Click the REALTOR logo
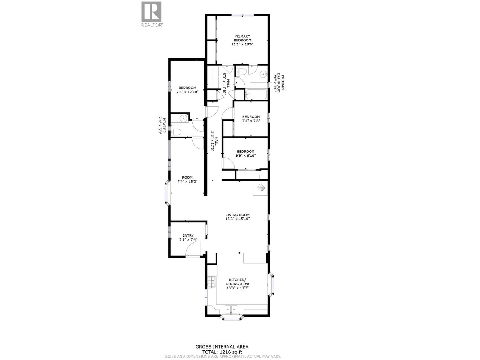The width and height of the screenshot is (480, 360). click(x=151, y=14)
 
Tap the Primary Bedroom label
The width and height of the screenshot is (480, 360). click(x=242, y=38)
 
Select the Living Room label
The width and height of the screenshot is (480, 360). click(x=238, y=215)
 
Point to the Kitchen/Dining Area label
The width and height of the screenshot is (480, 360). click(x=237, y=282)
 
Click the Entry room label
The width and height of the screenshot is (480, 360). click(x=188, y=235)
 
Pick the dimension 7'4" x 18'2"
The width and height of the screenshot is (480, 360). click(x=187, y=181)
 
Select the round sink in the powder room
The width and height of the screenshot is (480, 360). click(x=183, y=118)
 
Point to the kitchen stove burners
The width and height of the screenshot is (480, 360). click(x=211, y=282)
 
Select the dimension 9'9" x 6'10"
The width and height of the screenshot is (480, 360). click(x=245, y=156)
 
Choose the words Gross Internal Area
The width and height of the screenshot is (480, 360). click(x=222, y=347)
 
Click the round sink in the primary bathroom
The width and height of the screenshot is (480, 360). click(x=263, y=74)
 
